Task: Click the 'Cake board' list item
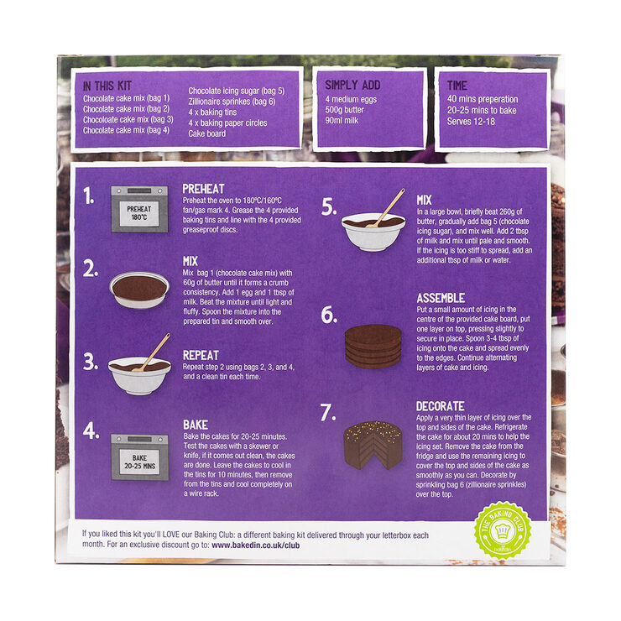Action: (x=206, y=133)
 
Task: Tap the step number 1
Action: (x=88, y=196)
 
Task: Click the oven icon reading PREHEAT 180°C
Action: (x=138, y=209)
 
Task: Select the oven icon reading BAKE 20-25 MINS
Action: (x=138, y=457)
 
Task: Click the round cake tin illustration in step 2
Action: (x=138, y=290)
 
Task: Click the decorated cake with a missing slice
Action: (x=373, y=444)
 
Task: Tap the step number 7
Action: (x=328, y=415)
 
